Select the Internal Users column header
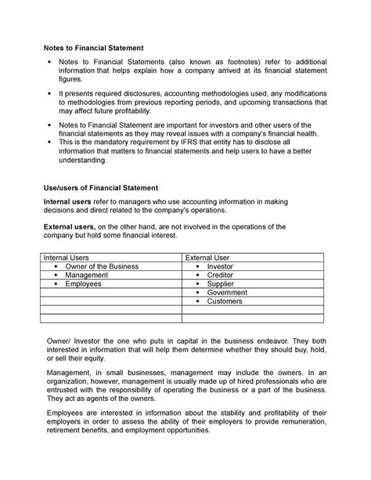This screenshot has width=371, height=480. click(x=66, y=257)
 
